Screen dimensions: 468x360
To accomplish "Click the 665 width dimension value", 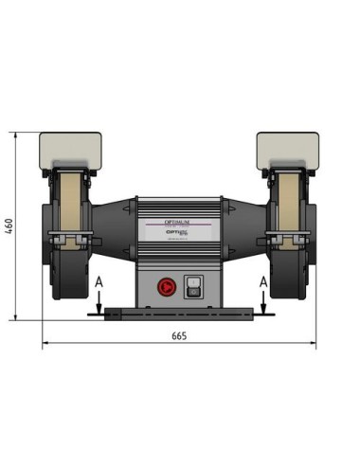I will click(179, 336).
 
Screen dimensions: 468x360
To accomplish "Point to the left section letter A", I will click(99, 281).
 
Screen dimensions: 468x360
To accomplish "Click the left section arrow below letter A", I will click(99, 301).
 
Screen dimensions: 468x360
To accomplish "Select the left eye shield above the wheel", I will click(68, 150).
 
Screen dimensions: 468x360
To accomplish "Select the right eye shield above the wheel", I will click(288, 150).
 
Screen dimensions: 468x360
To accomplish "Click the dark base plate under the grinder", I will click(179, 313).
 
